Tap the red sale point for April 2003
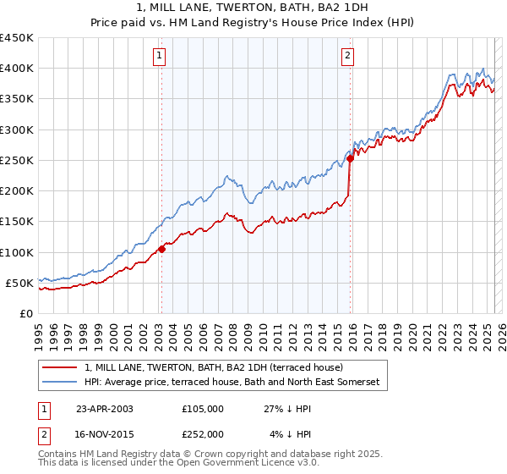coord(161,249)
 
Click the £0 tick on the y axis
coord(27,313)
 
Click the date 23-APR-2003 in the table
coord(104,408)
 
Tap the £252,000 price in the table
coord(202,433)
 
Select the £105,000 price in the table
coord(202,408)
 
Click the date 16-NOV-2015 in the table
coord(104,433)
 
